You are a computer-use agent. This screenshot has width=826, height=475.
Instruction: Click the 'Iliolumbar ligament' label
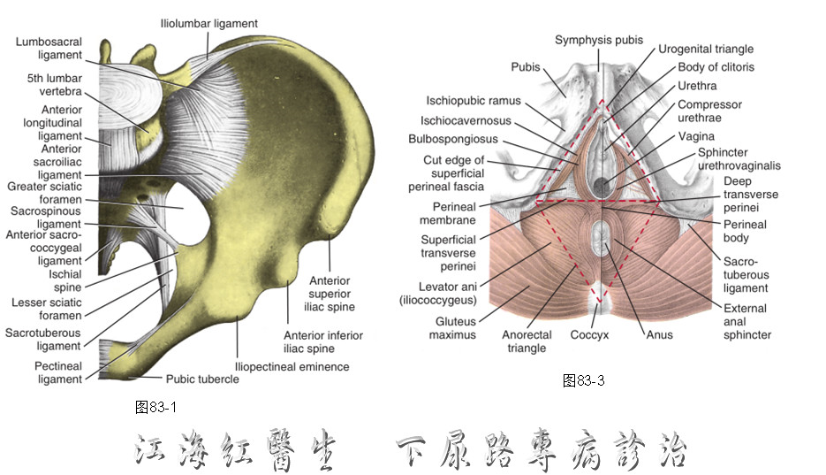[x=209, y=24]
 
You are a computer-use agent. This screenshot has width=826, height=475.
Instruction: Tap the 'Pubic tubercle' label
[x=202, y=379]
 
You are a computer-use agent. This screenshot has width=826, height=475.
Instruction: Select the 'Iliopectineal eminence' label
[x=292, y=367]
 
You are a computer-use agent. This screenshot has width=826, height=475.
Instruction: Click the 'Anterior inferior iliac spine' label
[x=323, y=342]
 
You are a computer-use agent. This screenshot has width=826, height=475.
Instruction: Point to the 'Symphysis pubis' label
[x=599, y=40]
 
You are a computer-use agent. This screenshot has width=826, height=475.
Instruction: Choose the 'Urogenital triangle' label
[x=706, y=49]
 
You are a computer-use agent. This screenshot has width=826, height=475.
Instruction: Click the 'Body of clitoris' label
[x=716, y=67]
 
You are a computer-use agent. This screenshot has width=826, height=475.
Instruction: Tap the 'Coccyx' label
[x=589, y=334]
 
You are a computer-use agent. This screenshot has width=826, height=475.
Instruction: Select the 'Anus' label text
[x=660, y=334]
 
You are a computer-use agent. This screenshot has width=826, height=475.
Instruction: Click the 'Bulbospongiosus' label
[x=453, y=139]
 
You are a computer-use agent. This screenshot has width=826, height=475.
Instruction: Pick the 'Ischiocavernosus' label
[x=466, y=120]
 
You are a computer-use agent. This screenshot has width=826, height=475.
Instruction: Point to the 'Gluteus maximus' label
[x=453, y=328]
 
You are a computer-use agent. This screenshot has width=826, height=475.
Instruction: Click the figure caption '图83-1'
[x=156, y=407]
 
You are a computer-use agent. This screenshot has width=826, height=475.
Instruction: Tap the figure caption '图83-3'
[x=584, y=380]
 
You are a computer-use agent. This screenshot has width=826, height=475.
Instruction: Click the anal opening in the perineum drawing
[x=600, y=238]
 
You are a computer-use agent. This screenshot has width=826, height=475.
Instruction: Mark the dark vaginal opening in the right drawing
[x=601, y=186]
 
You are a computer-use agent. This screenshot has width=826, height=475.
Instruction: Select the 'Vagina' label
[x=696, y=136]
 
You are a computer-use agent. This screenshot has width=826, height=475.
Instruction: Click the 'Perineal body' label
[x=745, y=231]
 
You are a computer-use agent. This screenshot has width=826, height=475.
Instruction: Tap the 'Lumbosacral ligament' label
[x=49, y=49]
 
